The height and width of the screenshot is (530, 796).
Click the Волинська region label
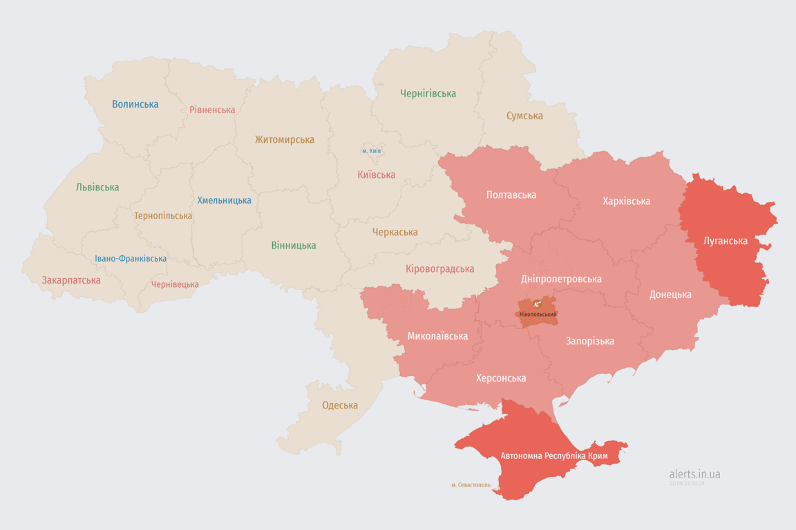coord(135,104)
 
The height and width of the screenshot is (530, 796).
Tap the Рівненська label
coord(212,110)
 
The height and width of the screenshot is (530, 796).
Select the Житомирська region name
coord(284,139)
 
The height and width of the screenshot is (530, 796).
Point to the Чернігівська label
coord(428,93)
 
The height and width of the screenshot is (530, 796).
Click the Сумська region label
coord(524,116)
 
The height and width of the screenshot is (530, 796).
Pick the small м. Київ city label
coord(372,150)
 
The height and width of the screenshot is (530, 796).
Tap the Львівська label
coord(97,187)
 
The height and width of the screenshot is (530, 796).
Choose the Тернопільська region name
coord(163,215)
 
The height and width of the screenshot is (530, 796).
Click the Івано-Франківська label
coord(131,259)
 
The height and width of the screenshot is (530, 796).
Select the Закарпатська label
coord(71,280)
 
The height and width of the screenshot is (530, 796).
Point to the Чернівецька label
coord(175,284)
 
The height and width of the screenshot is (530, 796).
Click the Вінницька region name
coord(294,245)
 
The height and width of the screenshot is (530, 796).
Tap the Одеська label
coord(340,405)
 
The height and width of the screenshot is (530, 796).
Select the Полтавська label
coord(511,195)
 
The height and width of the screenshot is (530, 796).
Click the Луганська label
coord(725,241)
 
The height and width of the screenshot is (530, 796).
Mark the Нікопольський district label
coord(538,315)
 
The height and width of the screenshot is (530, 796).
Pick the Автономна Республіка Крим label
coord(554,456)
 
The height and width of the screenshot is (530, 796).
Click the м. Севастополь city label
coord(471,485)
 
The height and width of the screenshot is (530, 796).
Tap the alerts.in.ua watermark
coord(694,474)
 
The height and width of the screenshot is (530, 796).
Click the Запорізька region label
coord(590,341)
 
